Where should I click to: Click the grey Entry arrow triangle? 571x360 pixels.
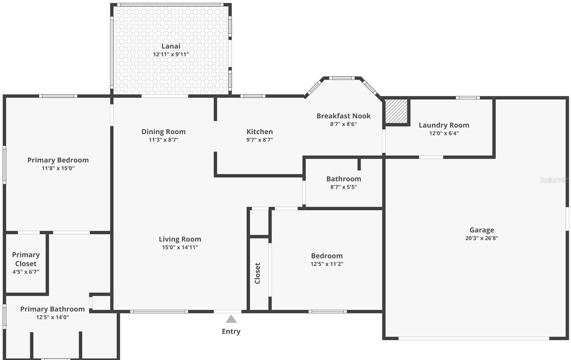(231, 319)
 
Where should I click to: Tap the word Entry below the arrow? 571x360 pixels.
(231, 331)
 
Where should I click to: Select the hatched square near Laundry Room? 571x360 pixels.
(396, 111)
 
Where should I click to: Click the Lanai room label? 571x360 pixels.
(171, 46)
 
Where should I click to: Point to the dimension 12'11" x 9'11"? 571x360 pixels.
(171, 54)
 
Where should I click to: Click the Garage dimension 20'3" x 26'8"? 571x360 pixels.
(481, 238)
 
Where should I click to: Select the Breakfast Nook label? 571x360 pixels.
(343, 116)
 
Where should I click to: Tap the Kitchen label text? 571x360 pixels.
(259, 131)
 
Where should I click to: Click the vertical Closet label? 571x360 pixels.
(257, 273)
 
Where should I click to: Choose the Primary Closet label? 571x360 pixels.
(26, 259)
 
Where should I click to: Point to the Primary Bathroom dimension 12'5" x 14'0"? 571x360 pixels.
(52, 317)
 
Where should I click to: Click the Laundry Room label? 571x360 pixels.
(444, 125)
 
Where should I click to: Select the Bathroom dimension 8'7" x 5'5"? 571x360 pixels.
(343, 187)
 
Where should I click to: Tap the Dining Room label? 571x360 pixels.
(163, 131)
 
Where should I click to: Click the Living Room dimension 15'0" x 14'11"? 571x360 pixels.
(180, 247)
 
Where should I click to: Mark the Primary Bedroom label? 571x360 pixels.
(58, 160)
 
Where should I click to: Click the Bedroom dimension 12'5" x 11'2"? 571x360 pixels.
(327, 264)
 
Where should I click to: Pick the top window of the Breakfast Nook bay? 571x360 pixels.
(342, 78)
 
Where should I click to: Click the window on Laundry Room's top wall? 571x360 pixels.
(468, 97)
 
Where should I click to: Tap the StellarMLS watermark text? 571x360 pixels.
(554, 180)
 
